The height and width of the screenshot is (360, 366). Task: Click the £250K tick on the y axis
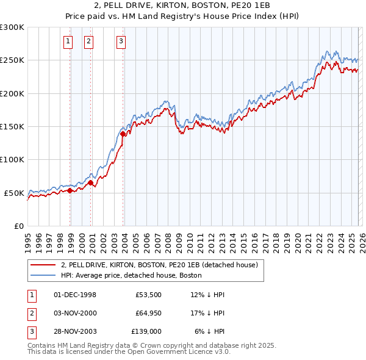[12, 60]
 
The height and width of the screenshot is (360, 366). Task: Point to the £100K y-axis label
[12, 159]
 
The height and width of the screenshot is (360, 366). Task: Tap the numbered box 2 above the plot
[88, 41]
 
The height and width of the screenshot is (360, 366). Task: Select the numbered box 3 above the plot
[121, 41]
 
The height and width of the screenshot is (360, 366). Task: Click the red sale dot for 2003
[123, 134]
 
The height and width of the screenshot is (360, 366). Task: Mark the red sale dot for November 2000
[90, 182]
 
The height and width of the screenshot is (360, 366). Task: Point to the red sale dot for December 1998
[70, 190]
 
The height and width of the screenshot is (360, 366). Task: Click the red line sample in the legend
[43, 265]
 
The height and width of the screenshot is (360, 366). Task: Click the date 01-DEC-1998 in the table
[75, 295]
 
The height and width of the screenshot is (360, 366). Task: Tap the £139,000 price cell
[146, 331]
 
